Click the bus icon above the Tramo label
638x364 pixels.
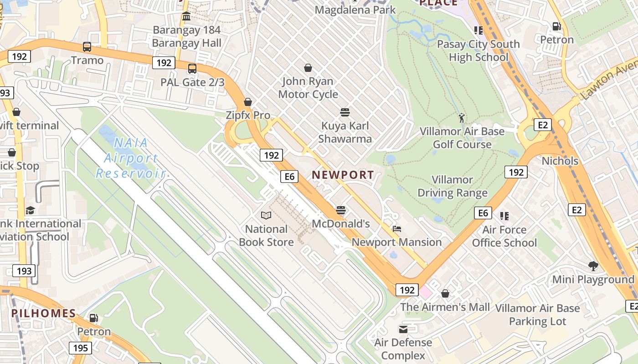87,46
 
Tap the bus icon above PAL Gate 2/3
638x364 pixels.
192,69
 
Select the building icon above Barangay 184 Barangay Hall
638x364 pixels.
186,17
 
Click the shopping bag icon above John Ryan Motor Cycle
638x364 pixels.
308,68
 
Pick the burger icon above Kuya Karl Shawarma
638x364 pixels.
345,112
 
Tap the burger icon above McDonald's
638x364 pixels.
341,210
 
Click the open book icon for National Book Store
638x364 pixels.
266,215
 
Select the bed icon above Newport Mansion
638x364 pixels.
396,228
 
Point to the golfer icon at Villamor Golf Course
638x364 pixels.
462,118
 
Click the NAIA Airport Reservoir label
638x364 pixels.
130,158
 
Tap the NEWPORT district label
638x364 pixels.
343,175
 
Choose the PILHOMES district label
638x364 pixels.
44,313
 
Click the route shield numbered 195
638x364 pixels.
81,348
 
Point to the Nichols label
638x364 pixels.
560,161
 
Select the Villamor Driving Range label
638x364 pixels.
453,186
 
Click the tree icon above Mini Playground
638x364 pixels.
593,266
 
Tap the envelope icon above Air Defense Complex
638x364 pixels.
403,329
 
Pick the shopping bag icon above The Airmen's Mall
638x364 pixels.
445,293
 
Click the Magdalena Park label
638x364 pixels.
355,10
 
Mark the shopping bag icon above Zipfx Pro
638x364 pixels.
248,101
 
